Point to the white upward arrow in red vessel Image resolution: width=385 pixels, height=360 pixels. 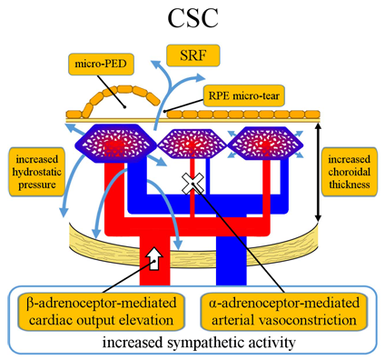click(x=156, y=257)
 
